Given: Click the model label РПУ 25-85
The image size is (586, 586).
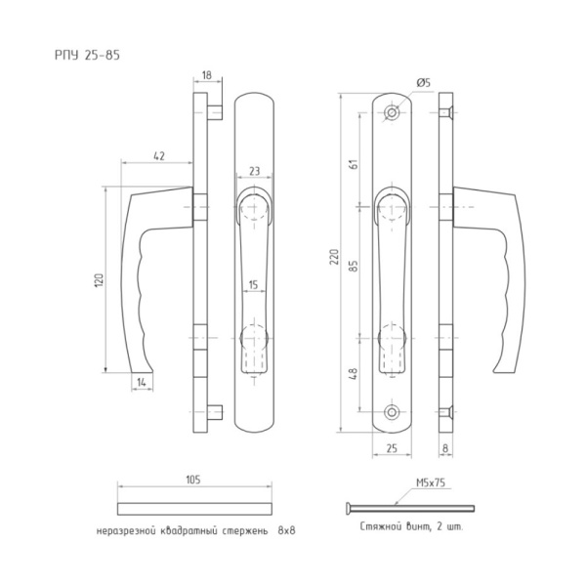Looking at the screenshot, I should (87, 56).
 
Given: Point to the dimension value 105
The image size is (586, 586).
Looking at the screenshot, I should (192, 480).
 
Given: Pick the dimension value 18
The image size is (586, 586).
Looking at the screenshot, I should (207, 74).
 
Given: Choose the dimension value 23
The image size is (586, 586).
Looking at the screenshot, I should (253, 171).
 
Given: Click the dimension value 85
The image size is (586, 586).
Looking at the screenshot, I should (355, 264).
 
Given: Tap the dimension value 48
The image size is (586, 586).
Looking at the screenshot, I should (355, 373).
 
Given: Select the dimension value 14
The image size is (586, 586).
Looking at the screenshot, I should (143, 381).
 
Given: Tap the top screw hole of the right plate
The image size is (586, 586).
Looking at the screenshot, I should (393, 114).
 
